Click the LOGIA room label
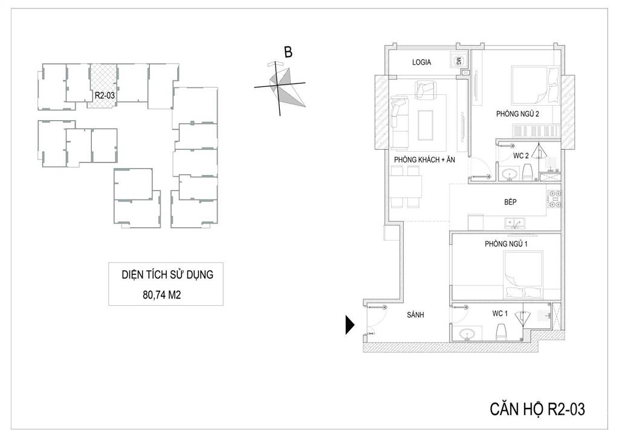tap(421, 62)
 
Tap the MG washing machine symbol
tap(458, 61)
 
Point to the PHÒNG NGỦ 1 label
tap(506, 244)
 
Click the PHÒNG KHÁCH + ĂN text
tap(424, 160)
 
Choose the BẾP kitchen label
tap(510, 202)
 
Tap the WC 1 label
tap(500, 314)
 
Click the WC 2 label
tap(520, 156)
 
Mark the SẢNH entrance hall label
tap(415, 315)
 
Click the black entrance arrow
tap(350, 325)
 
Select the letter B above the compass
tap(288, 52)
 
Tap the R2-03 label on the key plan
tap(105, 95)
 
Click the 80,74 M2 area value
tap(162, 295)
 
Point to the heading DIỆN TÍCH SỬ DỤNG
tap(167, 275)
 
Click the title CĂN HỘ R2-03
tap(537, 409)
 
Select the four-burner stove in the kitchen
tap(554, 199)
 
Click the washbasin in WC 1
tap(468, 334)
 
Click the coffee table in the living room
tap(425, 125)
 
